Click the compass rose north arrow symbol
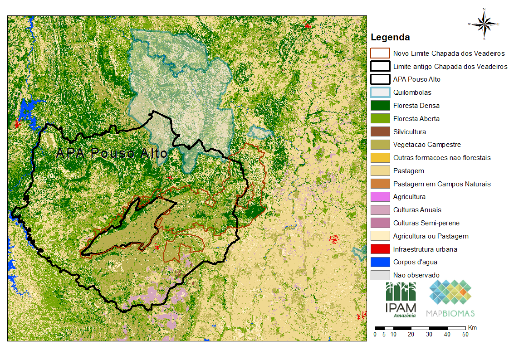485,24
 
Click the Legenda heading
390,37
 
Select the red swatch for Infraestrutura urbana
380,249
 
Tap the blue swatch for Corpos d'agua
380,262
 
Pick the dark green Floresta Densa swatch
380,106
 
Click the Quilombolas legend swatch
380,92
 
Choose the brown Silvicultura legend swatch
380,132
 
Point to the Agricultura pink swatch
380,197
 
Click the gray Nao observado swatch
380,275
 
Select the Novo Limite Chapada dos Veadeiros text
449,54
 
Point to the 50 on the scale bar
465,335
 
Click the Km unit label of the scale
472,327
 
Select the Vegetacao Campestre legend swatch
380,145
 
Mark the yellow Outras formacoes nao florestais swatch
380,158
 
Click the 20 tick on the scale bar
411,335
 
